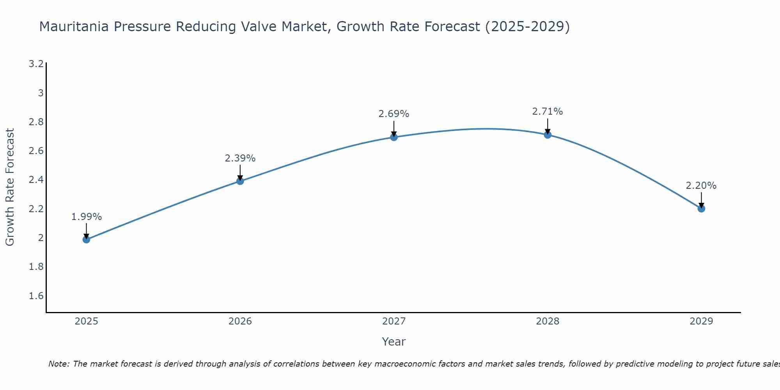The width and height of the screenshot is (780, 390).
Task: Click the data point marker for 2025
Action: tap(86, 239)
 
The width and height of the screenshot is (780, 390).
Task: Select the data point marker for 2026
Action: tap(240, 181)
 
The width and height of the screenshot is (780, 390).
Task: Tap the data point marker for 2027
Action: tap(394, 137)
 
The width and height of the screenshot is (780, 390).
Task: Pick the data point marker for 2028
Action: tap(547, 135)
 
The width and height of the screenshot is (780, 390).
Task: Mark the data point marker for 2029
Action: tap(701, 208)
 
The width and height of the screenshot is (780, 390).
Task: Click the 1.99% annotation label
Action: tap(86, 217)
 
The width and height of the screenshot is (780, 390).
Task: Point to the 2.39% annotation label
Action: tap(240, 158)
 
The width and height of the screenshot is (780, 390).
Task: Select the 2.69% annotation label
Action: tap(394, 114)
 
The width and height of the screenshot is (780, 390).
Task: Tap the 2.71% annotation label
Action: tap(547, 112)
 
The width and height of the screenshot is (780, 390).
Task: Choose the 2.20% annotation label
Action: tap(701, 186)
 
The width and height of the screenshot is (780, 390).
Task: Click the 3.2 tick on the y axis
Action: tap(36, 64)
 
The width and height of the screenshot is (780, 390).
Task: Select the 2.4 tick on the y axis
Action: tap(36, 180)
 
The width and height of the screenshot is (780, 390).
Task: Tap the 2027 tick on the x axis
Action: tap(394, 321)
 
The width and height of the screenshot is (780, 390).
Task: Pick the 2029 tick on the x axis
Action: tap(701, 321)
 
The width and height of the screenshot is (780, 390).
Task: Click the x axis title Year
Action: tap(394, 342)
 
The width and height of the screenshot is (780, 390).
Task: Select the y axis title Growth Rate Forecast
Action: tap(10, 187)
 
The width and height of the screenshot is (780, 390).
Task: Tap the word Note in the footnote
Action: tap(58, 364)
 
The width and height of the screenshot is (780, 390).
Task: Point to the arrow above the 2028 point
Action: tap(547, 126)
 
